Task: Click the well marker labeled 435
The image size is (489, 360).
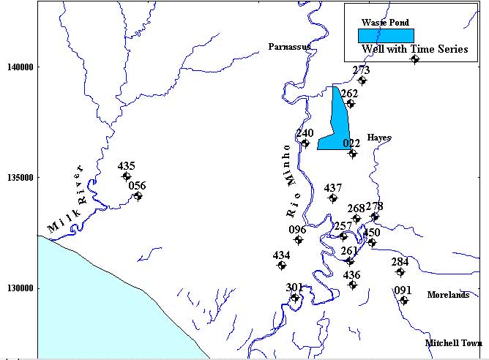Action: click(x=127, y=176)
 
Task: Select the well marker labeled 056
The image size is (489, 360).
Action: click(x=138, y=196)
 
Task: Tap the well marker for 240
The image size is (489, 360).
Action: click(x=305, y=143)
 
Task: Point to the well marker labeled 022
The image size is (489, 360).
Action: click(x=352, y=154)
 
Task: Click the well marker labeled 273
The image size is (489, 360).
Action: click(x=362, y=80)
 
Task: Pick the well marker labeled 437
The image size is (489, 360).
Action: click(x=333, y=198)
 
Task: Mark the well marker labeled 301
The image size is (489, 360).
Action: click(x=295, y=298)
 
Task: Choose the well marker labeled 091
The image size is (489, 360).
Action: click(x=404, y=301)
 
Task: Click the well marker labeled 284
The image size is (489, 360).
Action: click(x=400, y=272)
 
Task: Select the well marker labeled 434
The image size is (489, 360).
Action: click(x=282, y=265)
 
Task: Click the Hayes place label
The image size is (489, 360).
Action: click(x=379, y=138)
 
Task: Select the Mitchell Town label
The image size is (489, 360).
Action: click(x=453, y=342)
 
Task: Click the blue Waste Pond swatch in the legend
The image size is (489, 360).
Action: click(x=386, y=35)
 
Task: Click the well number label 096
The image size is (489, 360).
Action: click(x=297, y=230)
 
